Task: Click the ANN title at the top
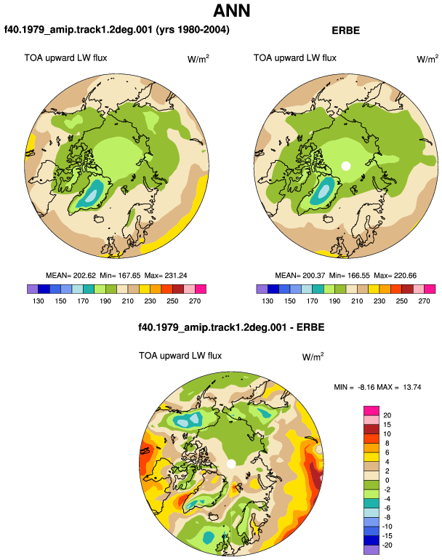coord(231,10)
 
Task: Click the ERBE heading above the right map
coord(345,31)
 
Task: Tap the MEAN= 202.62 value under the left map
coord(71,276)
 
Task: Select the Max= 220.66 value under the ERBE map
coord(395,276)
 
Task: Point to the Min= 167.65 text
coord(120,276)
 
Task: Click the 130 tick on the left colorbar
coord(39,301)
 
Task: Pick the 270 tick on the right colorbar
coord(424,301)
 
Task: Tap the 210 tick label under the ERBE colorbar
coord(357,301)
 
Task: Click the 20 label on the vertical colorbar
coord(387,415)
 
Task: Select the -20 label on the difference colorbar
coord(387,545)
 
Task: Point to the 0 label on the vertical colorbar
coord(387,480)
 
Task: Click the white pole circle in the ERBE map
coord(345,166)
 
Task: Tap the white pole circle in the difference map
coord(231,464)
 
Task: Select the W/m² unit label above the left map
coord(198,59)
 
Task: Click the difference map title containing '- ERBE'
coord(231,327)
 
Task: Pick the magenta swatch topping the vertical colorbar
coord(371,411)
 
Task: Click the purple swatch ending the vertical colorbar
coord(371,550)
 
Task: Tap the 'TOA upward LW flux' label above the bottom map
coord(180,356)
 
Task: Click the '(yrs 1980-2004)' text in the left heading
coord(193,30)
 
